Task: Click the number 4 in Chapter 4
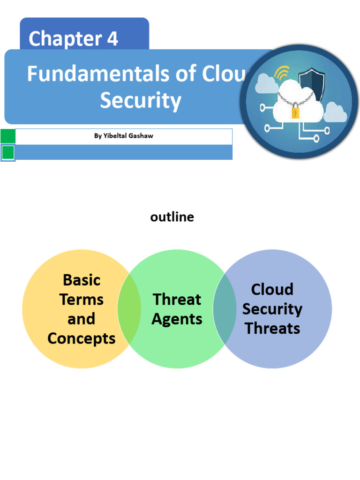pyautogui.click(x=112, y=39)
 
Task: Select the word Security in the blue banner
pyautogui.click(x=140, y=100)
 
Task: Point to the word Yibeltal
pyautogui.click(x=114, y=136)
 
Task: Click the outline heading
pyautogui.click(x=172, y=217)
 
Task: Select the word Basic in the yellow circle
pyautogui.click(x=82, y=280)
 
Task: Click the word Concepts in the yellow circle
pyautogui.click(x=82, y=338)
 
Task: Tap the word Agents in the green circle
pyautogui.click(x=177, y=319)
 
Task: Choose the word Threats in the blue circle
pyautogui.click(x=272, y=328)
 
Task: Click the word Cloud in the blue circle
pyautogui.click(x=272, y=289)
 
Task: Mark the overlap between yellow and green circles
pyautogui.click(x=129, y=309)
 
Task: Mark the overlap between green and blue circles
pyautogui.click(x=225, y=309)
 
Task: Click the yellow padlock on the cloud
pyautogui.click(x=295, y=112)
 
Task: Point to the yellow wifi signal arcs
pyautogui.click(x=282, y=73)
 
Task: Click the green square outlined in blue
pyautogui.click(x=8, y=153)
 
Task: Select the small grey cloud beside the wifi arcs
pyautogui.click(x=266, y=84)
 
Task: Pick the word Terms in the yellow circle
pyautogui.click(x=82, y=299)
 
